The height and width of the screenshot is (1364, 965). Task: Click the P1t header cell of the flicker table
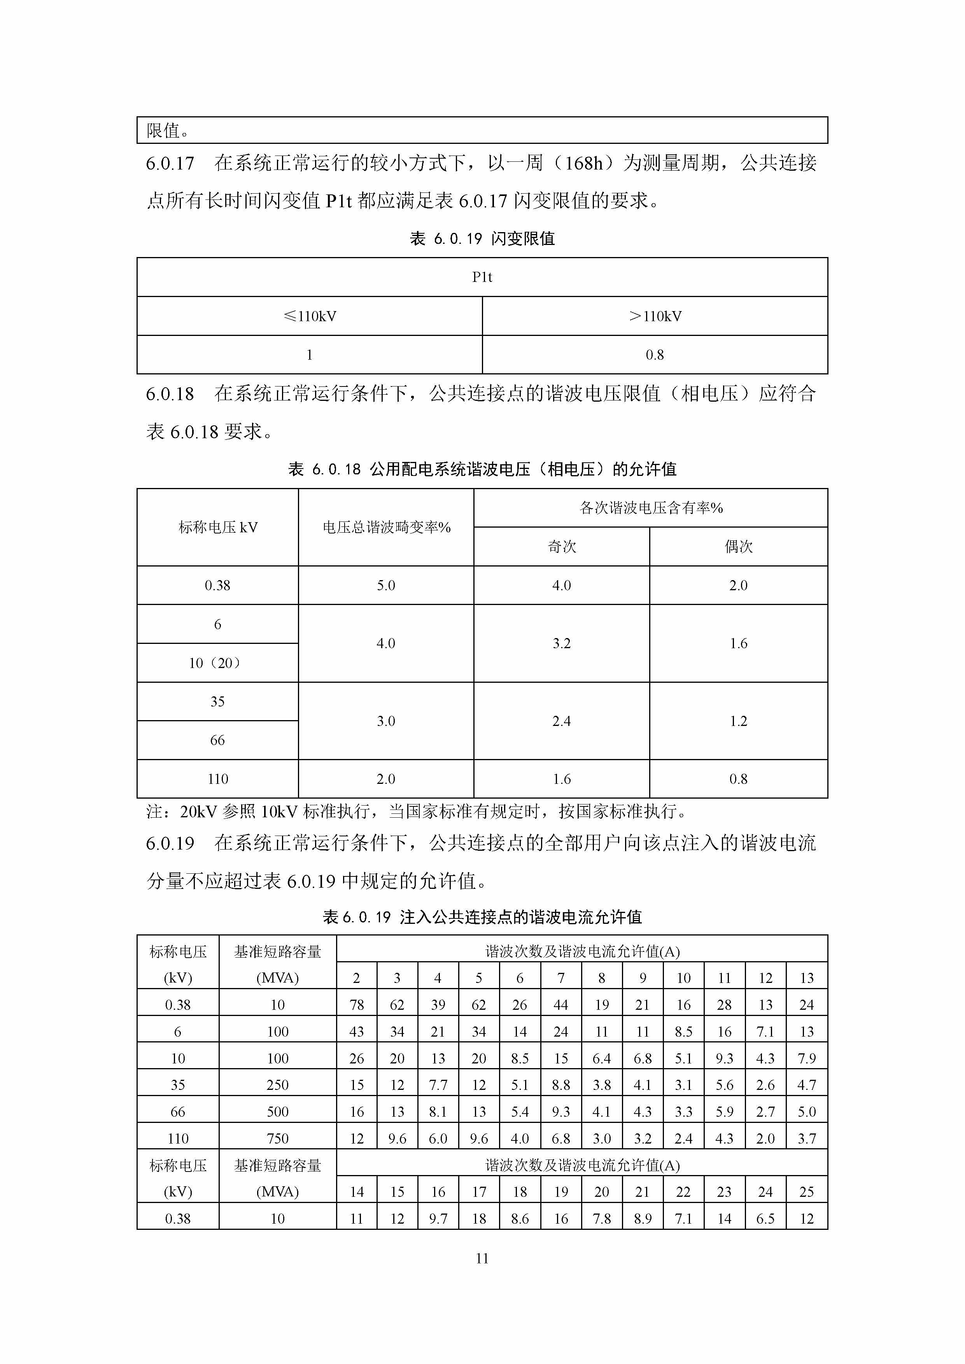point(482,277)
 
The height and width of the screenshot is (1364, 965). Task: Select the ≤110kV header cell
point(310,316)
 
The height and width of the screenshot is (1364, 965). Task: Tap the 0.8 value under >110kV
point(655,355)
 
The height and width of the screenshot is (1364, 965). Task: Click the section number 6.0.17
point(170,163)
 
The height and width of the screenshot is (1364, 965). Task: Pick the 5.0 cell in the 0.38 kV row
point(385,585)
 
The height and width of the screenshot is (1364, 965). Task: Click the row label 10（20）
point(217,663)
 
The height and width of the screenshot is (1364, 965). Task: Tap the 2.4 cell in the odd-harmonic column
point(562,720)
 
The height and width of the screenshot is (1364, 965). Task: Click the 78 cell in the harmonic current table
point(357,1005)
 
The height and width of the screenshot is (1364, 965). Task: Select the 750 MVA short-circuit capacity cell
point(277,1138)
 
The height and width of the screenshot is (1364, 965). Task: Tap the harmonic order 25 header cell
point(806,1192)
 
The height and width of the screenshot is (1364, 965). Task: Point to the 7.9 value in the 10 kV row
point(806,1058)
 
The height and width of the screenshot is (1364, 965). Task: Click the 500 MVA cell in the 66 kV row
point(277,1112)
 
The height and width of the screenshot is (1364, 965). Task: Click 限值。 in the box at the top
point(168,131)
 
